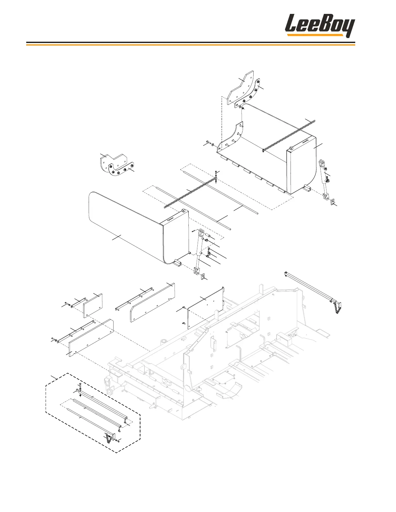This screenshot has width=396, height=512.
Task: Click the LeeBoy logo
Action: click(320, 25)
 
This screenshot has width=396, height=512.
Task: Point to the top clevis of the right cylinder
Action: click(322, 163)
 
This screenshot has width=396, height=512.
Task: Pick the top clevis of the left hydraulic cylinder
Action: click(201, 232)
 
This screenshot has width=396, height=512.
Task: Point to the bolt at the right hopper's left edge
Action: click(207, 143)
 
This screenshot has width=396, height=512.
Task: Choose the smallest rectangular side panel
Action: click(93, 306)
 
